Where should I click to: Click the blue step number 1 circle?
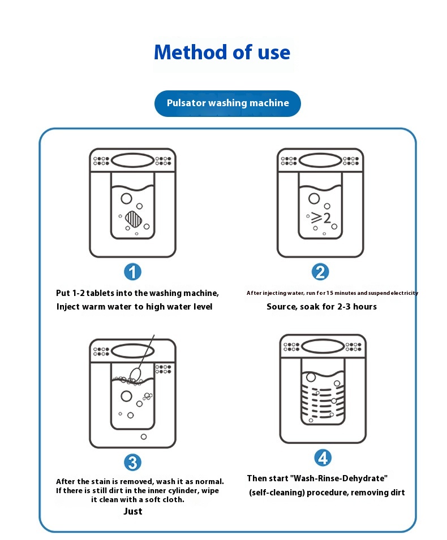pos(132,272)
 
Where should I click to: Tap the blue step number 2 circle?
pos(320,272)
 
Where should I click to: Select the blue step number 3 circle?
pos(132,463)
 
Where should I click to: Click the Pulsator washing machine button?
pos(227,103)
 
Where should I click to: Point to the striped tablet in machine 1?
pos(135,219)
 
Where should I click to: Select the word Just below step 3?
pos(133,512)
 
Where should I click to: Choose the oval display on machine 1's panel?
pos(132,160)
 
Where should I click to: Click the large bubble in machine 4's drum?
pos(311,377)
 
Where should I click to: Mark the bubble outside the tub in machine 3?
pos(143,437)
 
